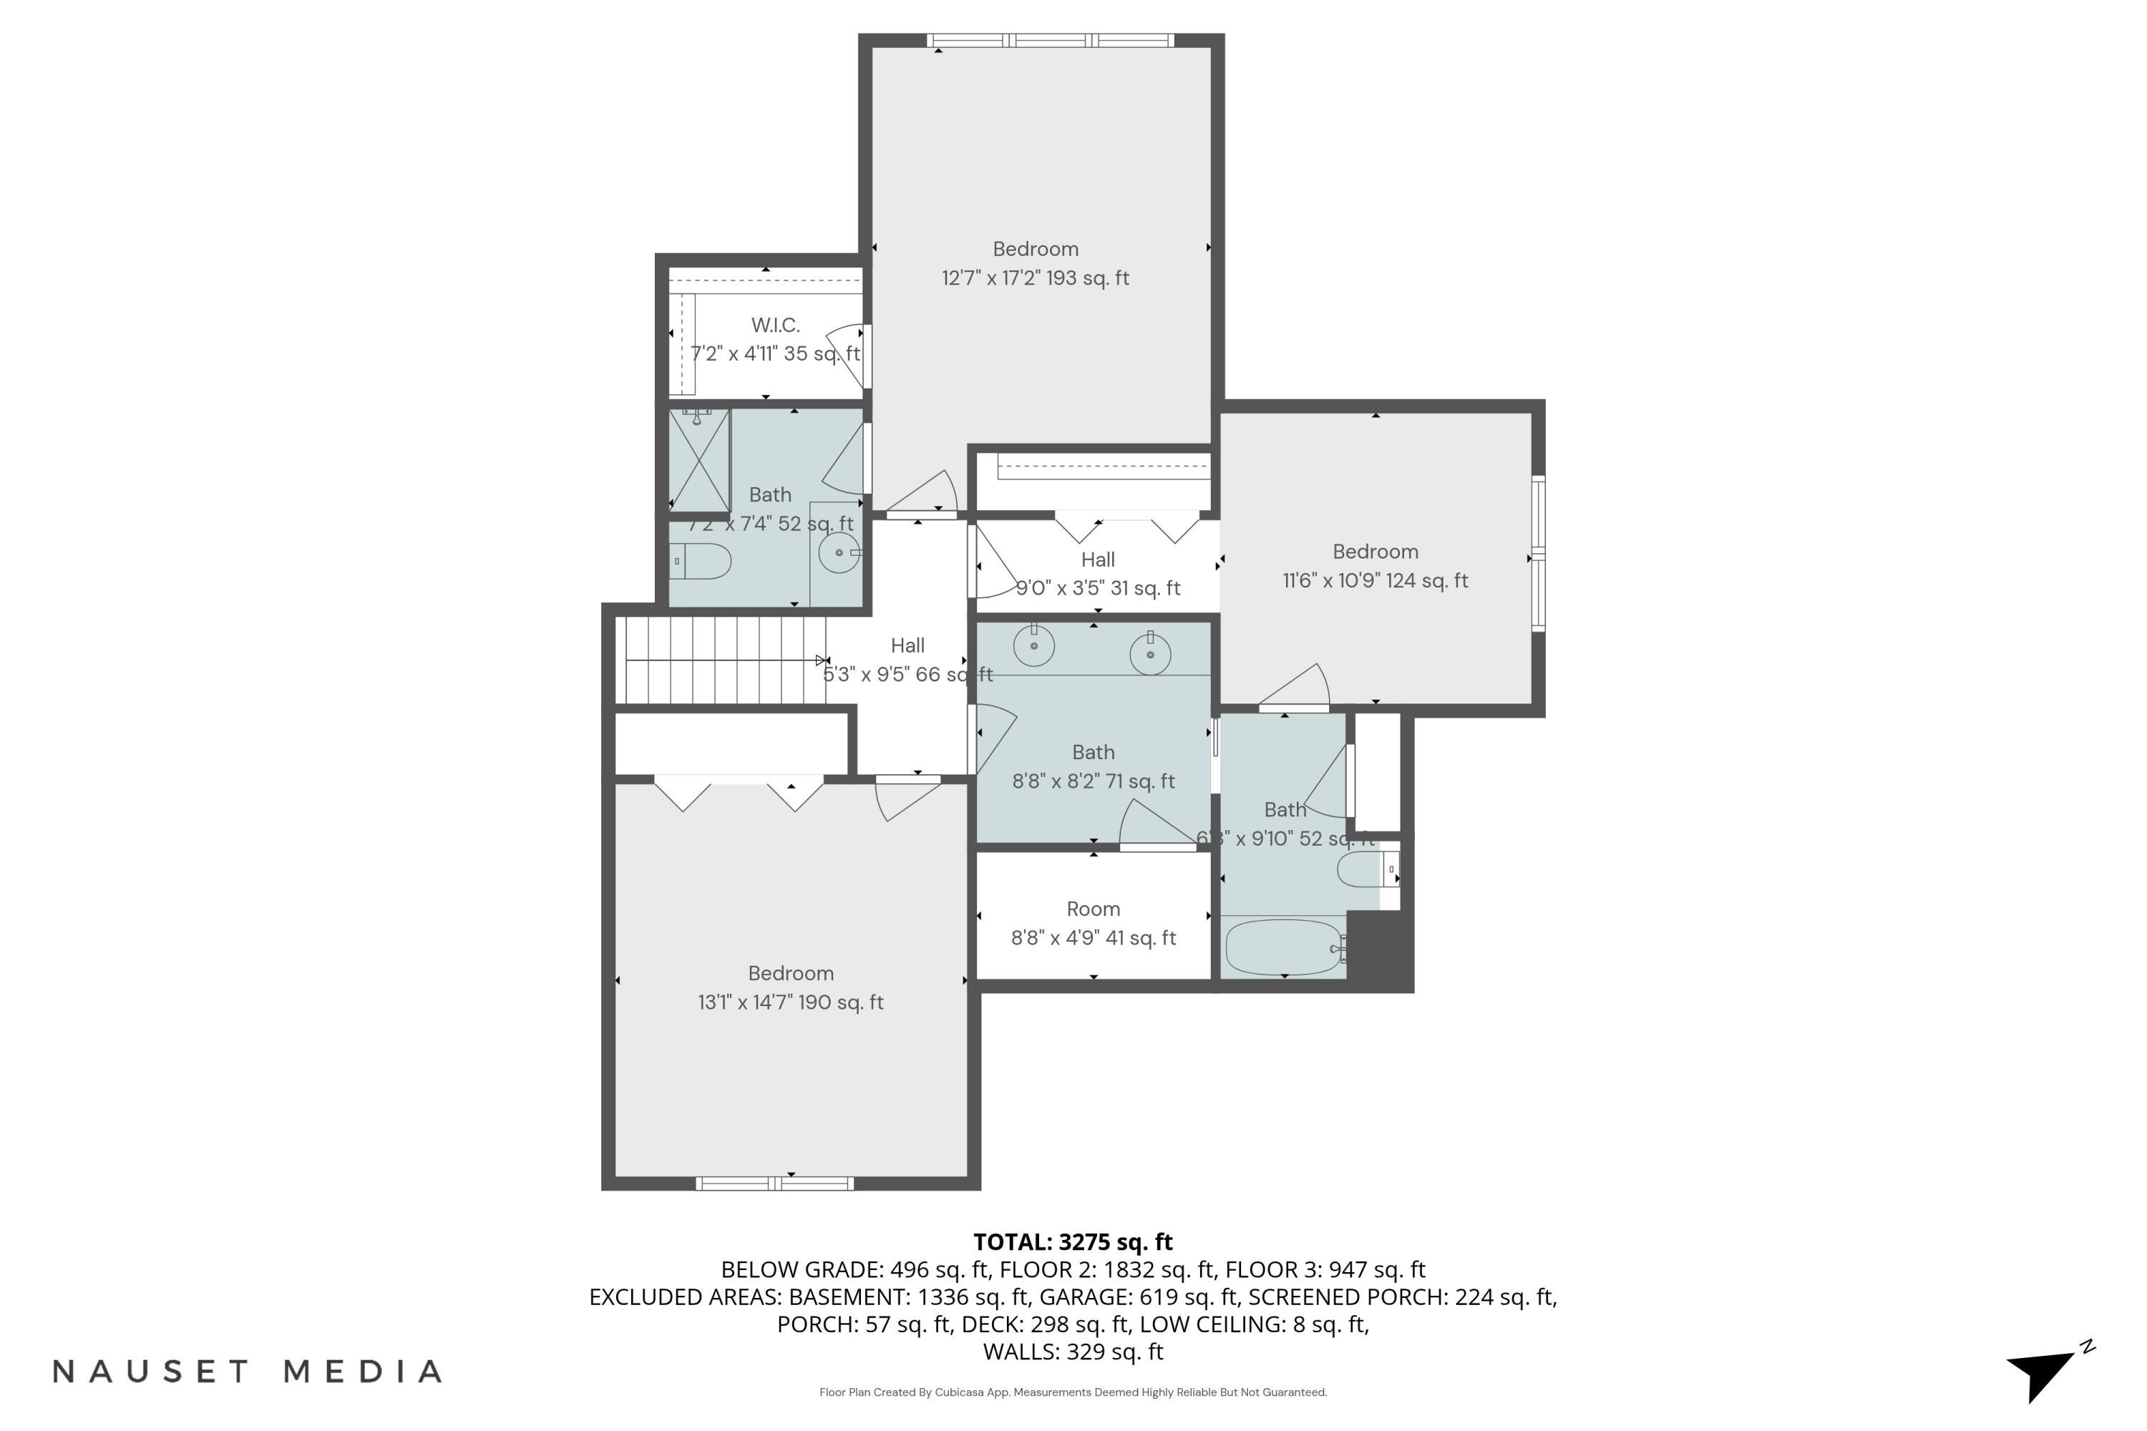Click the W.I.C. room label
tap(775, 325)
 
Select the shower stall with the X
tap(699, 461)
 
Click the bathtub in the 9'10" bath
tap(1282, 947)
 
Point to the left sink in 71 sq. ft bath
tap(1033, 646)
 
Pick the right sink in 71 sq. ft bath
tap(1150, 653)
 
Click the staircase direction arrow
tap(822, 660)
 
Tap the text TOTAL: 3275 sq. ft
tap(1073, 1242)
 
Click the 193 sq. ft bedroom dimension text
tap(1035, 278)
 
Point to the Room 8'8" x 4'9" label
tap(1093, 924)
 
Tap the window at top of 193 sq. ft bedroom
tap(1050, 40)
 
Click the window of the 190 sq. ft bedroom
tap(774, 1183)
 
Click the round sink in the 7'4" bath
tap(839, 552)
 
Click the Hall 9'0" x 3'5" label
tap(1097, 574)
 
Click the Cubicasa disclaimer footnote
tap(1073, 1392)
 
